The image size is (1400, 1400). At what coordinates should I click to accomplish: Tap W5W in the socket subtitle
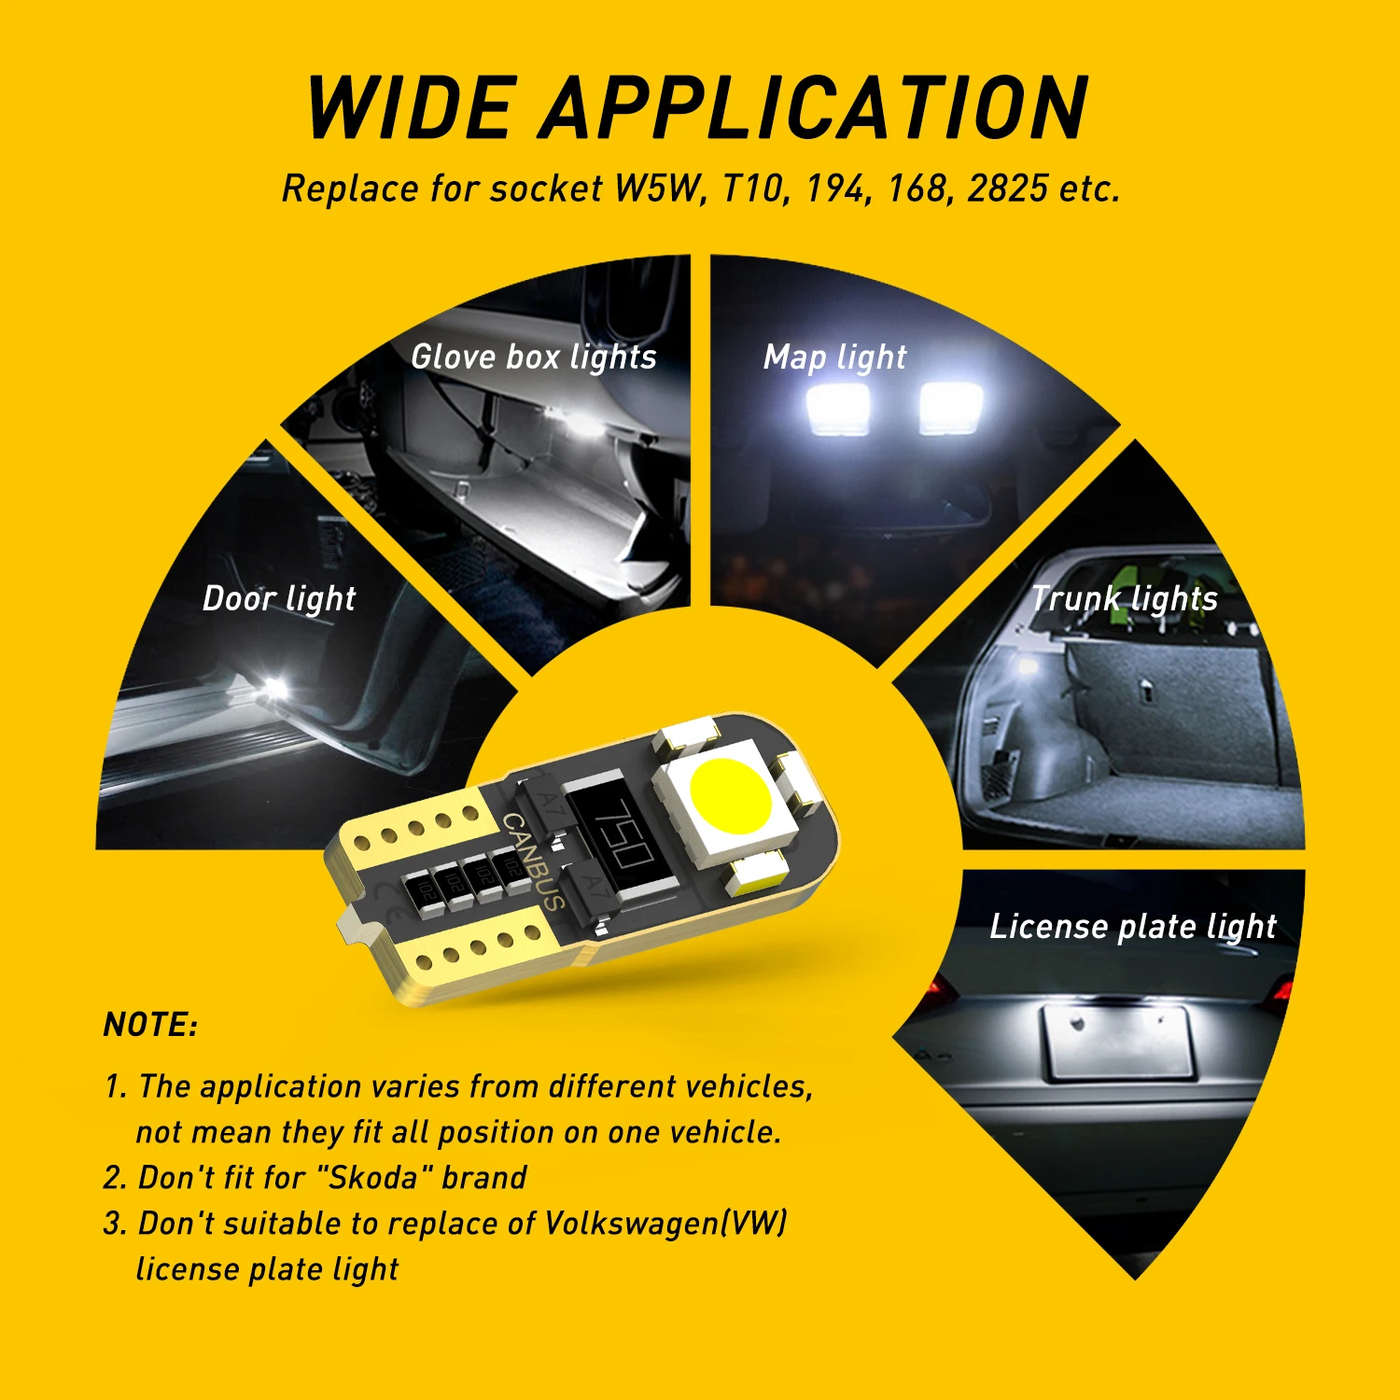tap(656, 189)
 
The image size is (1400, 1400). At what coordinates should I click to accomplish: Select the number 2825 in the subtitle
tap(1007, 189)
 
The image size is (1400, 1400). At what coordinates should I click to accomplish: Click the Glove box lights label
tap(534, 357)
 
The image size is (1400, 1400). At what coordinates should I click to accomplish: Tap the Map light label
tap(834, 357)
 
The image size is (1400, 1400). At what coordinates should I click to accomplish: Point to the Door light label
tap(279, 599)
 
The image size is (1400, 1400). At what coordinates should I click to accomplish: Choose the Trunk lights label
tap(1125, 599)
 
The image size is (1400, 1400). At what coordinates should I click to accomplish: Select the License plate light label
tap(1132, 927)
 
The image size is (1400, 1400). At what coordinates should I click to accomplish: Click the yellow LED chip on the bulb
tap(731, 796)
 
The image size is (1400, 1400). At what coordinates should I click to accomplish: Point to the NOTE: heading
tap(150, 1025)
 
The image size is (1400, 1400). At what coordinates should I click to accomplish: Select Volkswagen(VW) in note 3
tap(665, 1224)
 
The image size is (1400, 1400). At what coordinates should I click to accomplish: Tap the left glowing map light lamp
tap(837, 409)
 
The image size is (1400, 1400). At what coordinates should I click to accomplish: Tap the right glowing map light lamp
tap(950, 407)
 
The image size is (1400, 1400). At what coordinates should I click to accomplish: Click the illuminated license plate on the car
tap(1118, 1043)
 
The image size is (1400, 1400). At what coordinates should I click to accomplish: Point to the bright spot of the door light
tap(273, 688)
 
